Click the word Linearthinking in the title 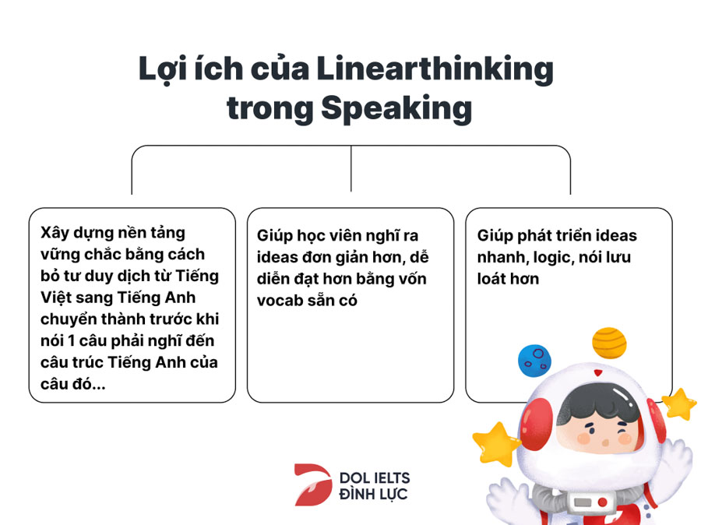435,70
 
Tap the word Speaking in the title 396,108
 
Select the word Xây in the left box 53,234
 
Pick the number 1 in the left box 71,340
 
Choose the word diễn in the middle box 273,279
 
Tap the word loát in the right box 491,279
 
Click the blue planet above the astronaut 534,361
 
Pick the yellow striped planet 609,343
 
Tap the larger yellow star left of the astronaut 495,443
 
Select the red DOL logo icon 313,484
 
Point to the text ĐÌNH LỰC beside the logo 373,494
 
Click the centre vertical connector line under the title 351,168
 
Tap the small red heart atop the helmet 598,372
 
